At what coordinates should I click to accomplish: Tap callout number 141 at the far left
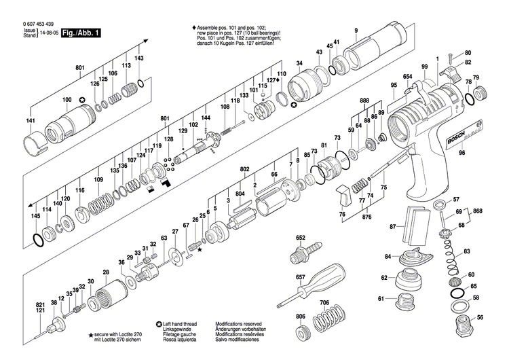pyautogui.click(x=31, y=121)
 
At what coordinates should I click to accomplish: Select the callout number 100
pyautogui.click(x=67, y=101)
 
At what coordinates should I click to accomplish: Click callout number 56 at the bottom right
pyautogui.click(x=480, y=318)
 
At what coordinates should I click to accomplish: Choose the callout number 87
pyautogui.click(x=393, y=226)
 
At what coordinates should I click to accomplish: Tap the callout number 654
pyautogui.click(x=407, y=76)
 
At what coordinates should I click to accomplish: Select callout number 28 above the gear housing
pyautogui.click(x=105, y=273)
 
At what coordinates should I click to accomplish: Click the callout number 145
pyautogui.click(x=35, y=215)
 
